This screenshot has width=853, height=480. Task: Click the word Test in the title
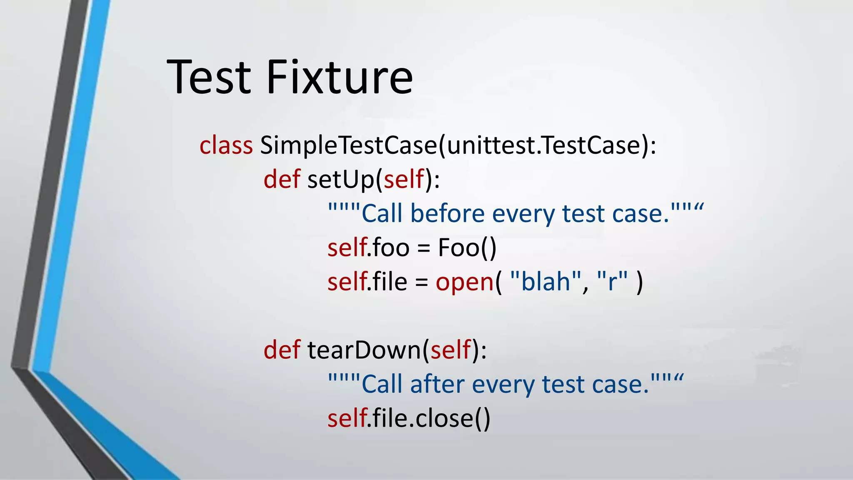click(x=209, y=77)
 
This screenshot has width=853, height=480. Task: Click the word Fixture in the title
click(x=339, y=77)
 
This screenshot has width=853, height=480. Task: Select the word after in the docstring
click(x=437, y=384)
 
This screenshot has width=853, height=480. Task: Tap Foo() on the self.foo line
click(x=467, y=247)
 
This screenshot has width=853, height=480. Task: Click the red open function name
click(x=464, y=282)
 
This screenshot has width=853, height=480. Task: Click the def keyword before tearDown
click(x=282, y=350)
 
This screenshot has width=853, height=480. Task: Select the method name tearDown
click(x=364, y=350)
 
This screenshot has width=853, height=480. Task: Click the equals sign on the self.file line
click(x=422, y=282)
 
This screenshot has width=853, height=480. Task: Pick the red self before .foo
click(x=347, y=247)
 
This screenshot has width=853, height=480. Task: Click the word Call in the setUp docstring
click(x=382, y=213)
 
